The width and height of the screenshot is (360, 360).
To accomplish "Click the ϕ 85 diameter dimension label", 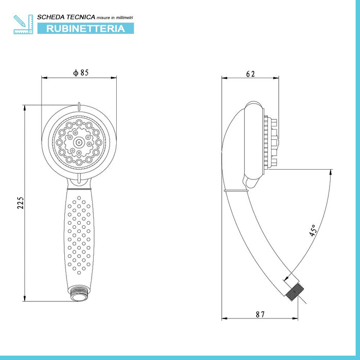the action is click(x=81, y=73).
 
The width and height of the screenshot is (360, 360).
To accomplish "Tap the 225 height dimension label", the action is click(x=21, y=203).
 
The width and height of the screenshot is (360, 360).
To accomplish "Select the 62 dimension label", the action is click(x=250, y=74).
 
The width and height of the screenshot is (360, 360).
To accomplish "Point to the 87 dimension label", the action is click(x=260, y=314).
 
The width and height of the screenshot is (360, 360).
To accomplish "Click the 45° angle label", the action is click(x=313, y=230).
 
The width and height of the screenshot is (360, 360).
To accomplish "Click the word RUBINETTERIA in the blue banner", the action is click(x=85, y=28).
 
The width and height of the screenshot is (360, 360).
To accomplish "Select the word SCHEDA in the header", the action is click(x=47, y=17).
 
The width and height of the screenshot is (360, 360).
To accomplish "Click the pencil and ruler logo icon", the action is click(x=24, y=24).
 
